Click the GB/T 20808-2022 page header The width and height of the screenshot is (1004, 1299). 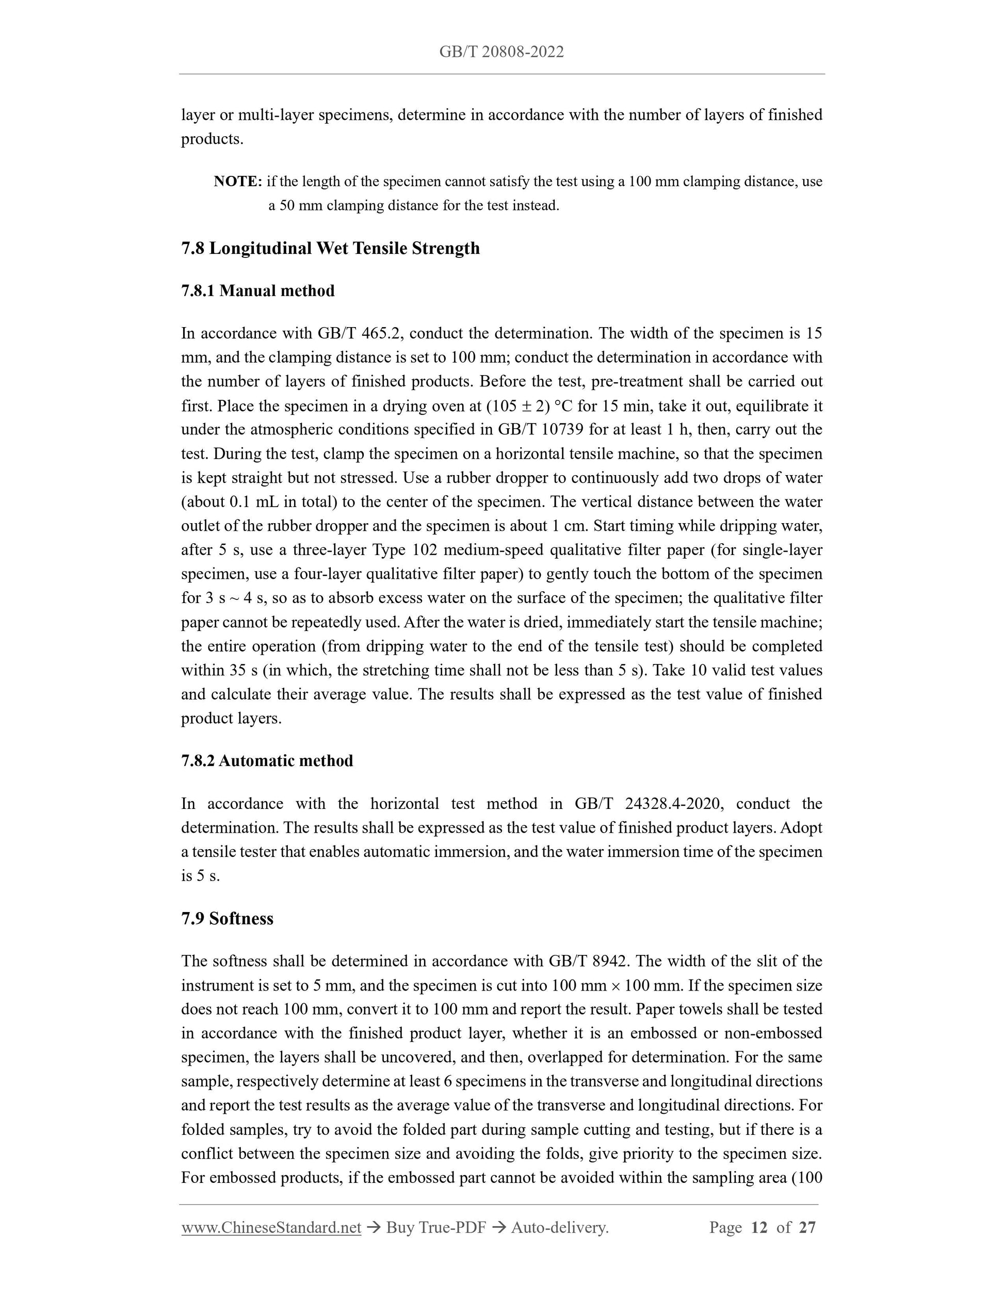tap(501, 52)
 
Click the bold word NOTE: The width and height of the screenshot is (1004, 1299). tap(238, 182)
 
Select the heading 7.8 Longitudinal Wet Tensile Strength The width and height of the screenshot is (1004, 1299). tap(330, 248)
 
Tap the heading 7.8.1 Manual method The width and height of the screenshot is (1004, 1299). tap(257, 291)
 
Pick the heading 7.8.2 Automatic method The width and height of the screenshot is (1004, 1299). tap(267, 761)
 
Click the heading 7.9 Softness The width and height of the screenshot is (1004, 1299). tap(227, 918)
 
